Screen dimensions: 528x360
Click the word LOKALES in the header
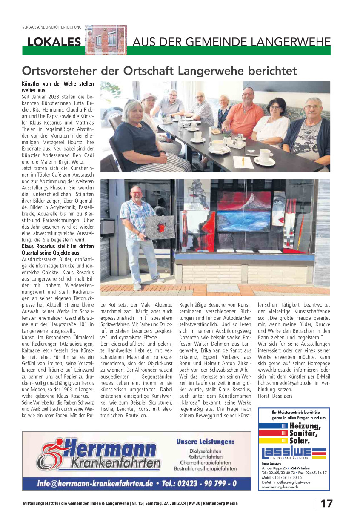(x=54, y=42)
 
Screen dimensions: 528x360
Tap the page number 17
(x=326, y=504)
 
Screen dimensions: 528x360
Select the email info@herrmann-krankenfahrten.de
(x=95, y=484)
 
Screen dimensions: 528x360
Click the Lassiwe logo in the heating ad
(x=294, y=453)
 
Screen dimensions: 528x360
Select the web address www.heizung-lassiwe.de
(x=280, y=487)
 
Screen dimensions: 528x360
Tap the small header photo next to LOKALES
(x=106, y=40)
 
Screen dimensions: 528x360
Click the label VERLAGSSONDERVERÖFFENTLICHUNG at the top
(x=51, y=27)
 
